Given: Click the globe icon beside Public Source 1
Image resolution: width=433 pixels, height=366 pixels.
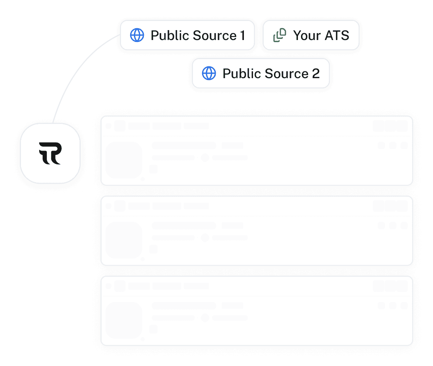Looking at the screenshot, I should [137, 35].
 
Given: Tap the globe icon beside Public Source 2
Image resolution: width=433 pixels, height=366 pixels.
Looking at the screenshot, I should [209, 73].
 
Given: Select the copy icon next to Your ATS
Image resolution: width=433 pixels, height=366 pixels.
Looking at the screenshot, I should [280, 35].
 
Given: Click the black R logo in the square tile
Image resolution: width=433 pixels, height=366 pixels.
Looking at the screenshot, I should [50, 153].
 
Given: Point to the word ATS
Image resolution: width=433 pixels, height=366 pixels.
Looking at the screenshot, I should [335, 35].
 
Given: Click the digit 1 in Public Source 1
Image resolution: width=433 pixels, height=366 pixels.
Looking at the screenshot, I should [242, 35].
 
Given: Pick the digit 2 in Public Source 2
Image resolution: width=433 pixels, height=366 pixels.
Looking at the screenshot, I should [316, 73].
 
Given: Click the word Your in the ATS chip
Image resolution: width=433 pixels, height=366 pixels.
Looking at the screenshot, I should [307, 35].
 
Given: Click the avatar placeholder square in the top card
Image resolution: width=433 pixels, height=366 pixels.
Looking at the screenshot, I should [124, 160].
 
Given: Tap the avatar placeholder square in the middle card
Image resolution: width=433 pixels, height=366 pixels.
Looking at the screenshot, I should [124, 240].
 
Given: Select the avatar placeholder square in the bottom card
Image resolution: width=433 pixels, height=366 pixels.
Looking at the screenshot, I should [124, 320].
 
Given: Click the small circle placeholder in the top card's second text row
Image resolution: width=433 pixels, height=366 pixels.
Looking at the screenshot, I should [205, 157].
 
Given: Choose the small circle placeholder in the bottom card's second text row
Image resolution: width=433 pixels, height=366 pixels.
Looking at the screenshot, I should [205, 318].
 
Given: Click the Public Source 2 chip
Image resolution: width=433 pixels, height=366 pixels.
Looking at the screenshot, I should [261, 73].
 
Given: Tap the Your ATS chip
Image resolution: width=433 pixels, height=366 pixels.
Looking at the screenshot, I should [311, 35].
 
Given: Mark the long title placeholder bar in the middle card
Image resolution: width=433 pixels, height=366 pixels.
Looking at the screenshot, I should [184, 226].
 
